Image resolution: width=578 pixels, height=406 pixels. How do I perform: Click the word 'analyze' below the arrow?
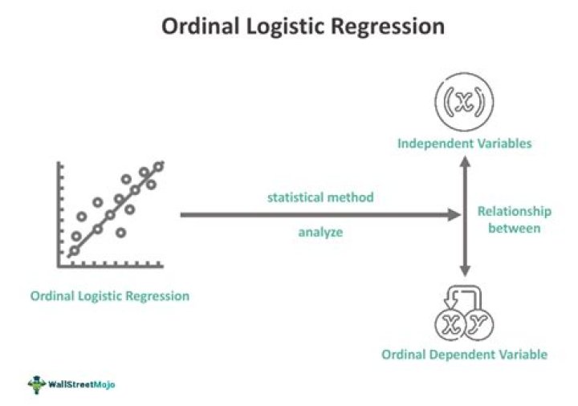[x=320, y=233]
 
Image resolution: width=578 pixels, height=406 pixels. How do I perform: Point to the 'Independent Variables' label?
[x=464, y=144]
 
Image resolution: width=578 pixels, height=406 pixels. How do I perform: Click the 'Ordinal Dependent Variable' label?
[x=464, y=354]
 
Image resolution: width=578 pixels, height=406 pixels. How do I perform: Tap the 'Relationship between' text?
[x=514, y=220]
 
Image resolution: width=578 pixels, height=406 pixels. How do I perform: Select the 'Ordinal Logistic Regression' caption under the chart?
[x=110, y=296]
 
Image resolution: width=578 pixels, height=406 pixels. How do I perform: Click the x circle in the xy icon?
[x=449, y=324]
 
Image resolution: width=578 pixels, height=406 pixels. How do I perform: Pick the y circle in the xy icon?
[x=479, y=324]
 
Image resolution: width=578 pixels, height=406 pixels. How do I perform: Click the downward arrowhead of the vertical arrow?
[x=464, y=272]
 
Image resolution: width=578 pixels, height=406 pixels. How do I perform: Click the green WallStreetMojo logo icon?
[x=36, y=384]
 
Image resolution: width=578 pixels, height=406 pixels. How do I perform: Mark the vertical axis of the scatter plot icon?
[x=59, y=213]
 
